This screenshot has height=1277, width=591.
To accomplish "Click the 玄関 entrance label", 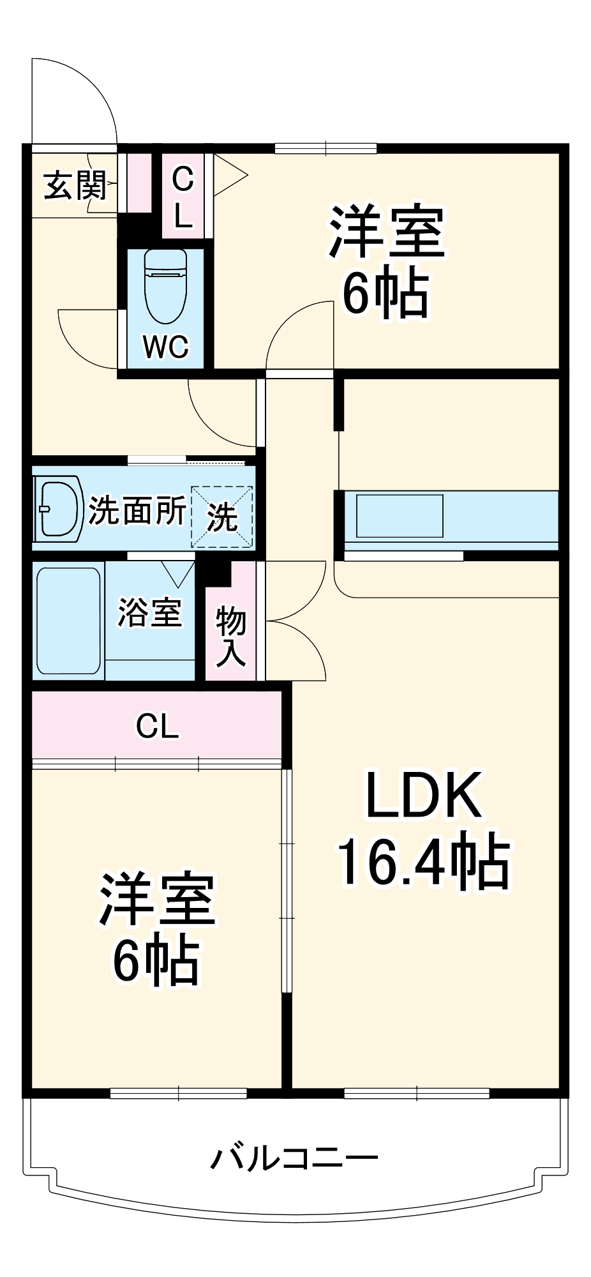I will pyautogui.click(x=75, y=186).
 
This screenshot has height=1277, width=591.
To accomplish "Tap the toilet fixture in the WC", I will pyautogui.click(x=165, y=283).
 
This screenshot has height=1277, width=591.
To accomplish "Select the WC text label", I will pyautogui.click(x=166, y=347).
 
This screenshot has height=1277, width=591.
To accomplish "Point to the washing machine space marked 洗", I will pyautogui.click(x=222, y=517).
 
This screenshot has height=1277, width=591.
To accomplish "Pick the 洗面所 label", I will pyautogui.click(x=137, y=510).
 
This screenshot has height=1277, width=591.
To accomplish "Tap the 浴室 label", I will pyautogui.click(x=150, y=612).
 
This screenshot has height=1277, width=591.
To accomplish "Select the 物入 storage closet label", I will pyautogui.click(x=230, y=637).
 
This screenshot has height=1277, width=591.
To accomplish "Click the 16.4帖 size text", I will pyautogui.click(x=423, y=863).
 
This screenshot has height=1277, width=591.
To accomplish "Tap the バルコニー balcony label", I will pyautogui.click(x=294, y=1157).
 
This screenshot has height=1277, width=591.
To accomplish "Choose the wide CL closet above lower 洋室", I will pyautogui.click(x=157, y=726).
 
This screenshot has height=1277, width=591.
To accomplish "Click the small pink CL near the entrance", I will pyautogui.click(x=183, y=196).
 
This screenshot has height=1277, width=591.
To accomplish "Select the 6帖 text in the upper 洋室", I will pyautogui.click(x=385, y=293).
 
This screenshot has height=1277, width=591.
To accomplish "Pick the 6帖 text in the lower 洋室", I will pyautogui.click(x=156, y=960).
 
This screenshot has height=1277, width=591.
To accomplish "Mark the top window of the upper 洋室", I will pyautogui.click(x=325, y=149).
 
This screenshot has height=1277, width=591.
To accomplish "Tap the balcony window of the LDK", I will pyautogui.click(x=416, y=1094).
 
